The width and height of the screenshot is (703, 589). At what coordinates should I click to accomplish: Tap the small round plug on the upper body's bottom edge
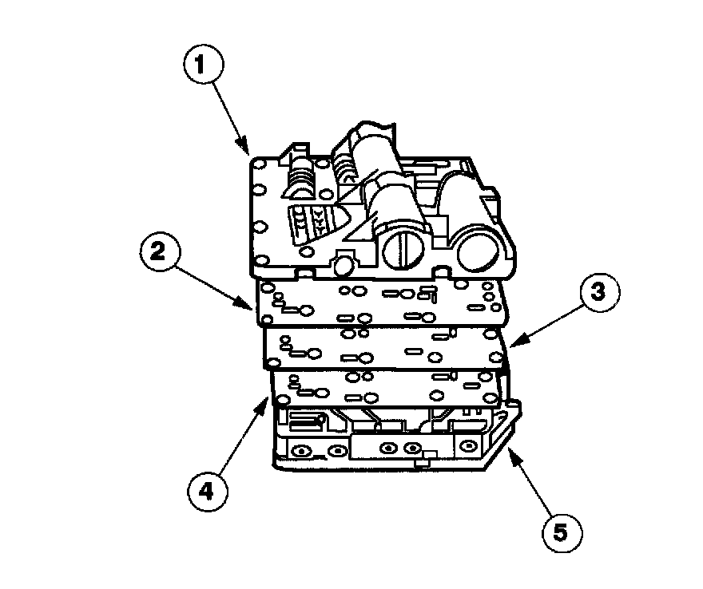click(344, 264)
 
